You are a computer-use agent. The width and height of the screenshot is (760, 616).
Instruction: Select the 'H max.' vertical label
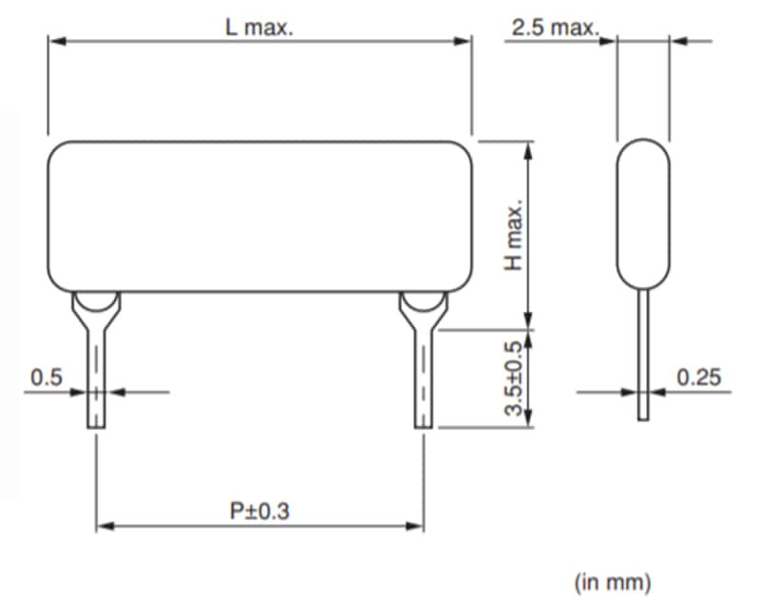click(514, 235)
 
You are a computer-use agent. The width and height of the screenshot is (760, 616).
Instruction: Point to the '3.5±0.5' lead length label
click(514, 378)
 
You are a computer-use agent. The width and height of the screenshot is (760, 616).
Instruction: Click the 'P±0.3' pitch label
click(259, 510)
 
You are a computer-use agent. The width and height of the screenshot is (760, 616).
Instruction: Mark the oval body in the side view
click(644, 214)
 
